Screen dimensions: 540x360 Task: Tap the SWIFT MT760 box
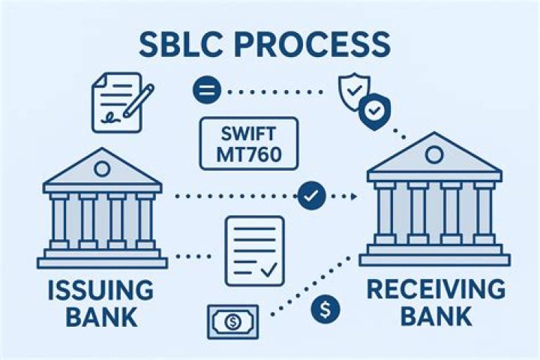click(249, 144)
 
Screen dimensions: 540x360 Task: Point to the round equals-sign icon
click(206, 90)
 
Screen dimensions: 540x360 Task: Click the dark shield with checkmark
click(374, 111)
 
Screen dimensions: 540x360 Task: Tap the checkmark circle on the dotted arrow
click(312, 196)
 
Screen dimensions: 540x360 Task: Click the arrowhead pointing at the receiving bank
click(353, 196)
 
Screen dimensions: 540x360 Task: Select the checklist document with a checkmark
click(255, 250)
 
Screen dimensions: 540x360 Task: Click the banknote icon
click(232, 322)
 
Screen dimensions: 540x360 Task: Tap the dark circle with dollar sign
click(325, 309)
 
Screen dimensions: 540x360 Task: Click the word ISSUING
click(100, 290)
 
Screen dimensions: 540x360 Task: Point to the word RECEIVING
click(436, 289)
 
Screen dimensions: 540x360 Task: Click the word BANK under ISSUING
click(101, 317)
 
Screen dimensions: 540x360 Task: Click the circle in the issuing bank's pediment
click(102, 169)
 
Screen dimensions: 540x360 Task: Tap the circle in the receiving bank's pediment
click(434, 154)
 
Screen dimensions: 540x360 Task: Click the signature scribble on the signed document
click(110, 118)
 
